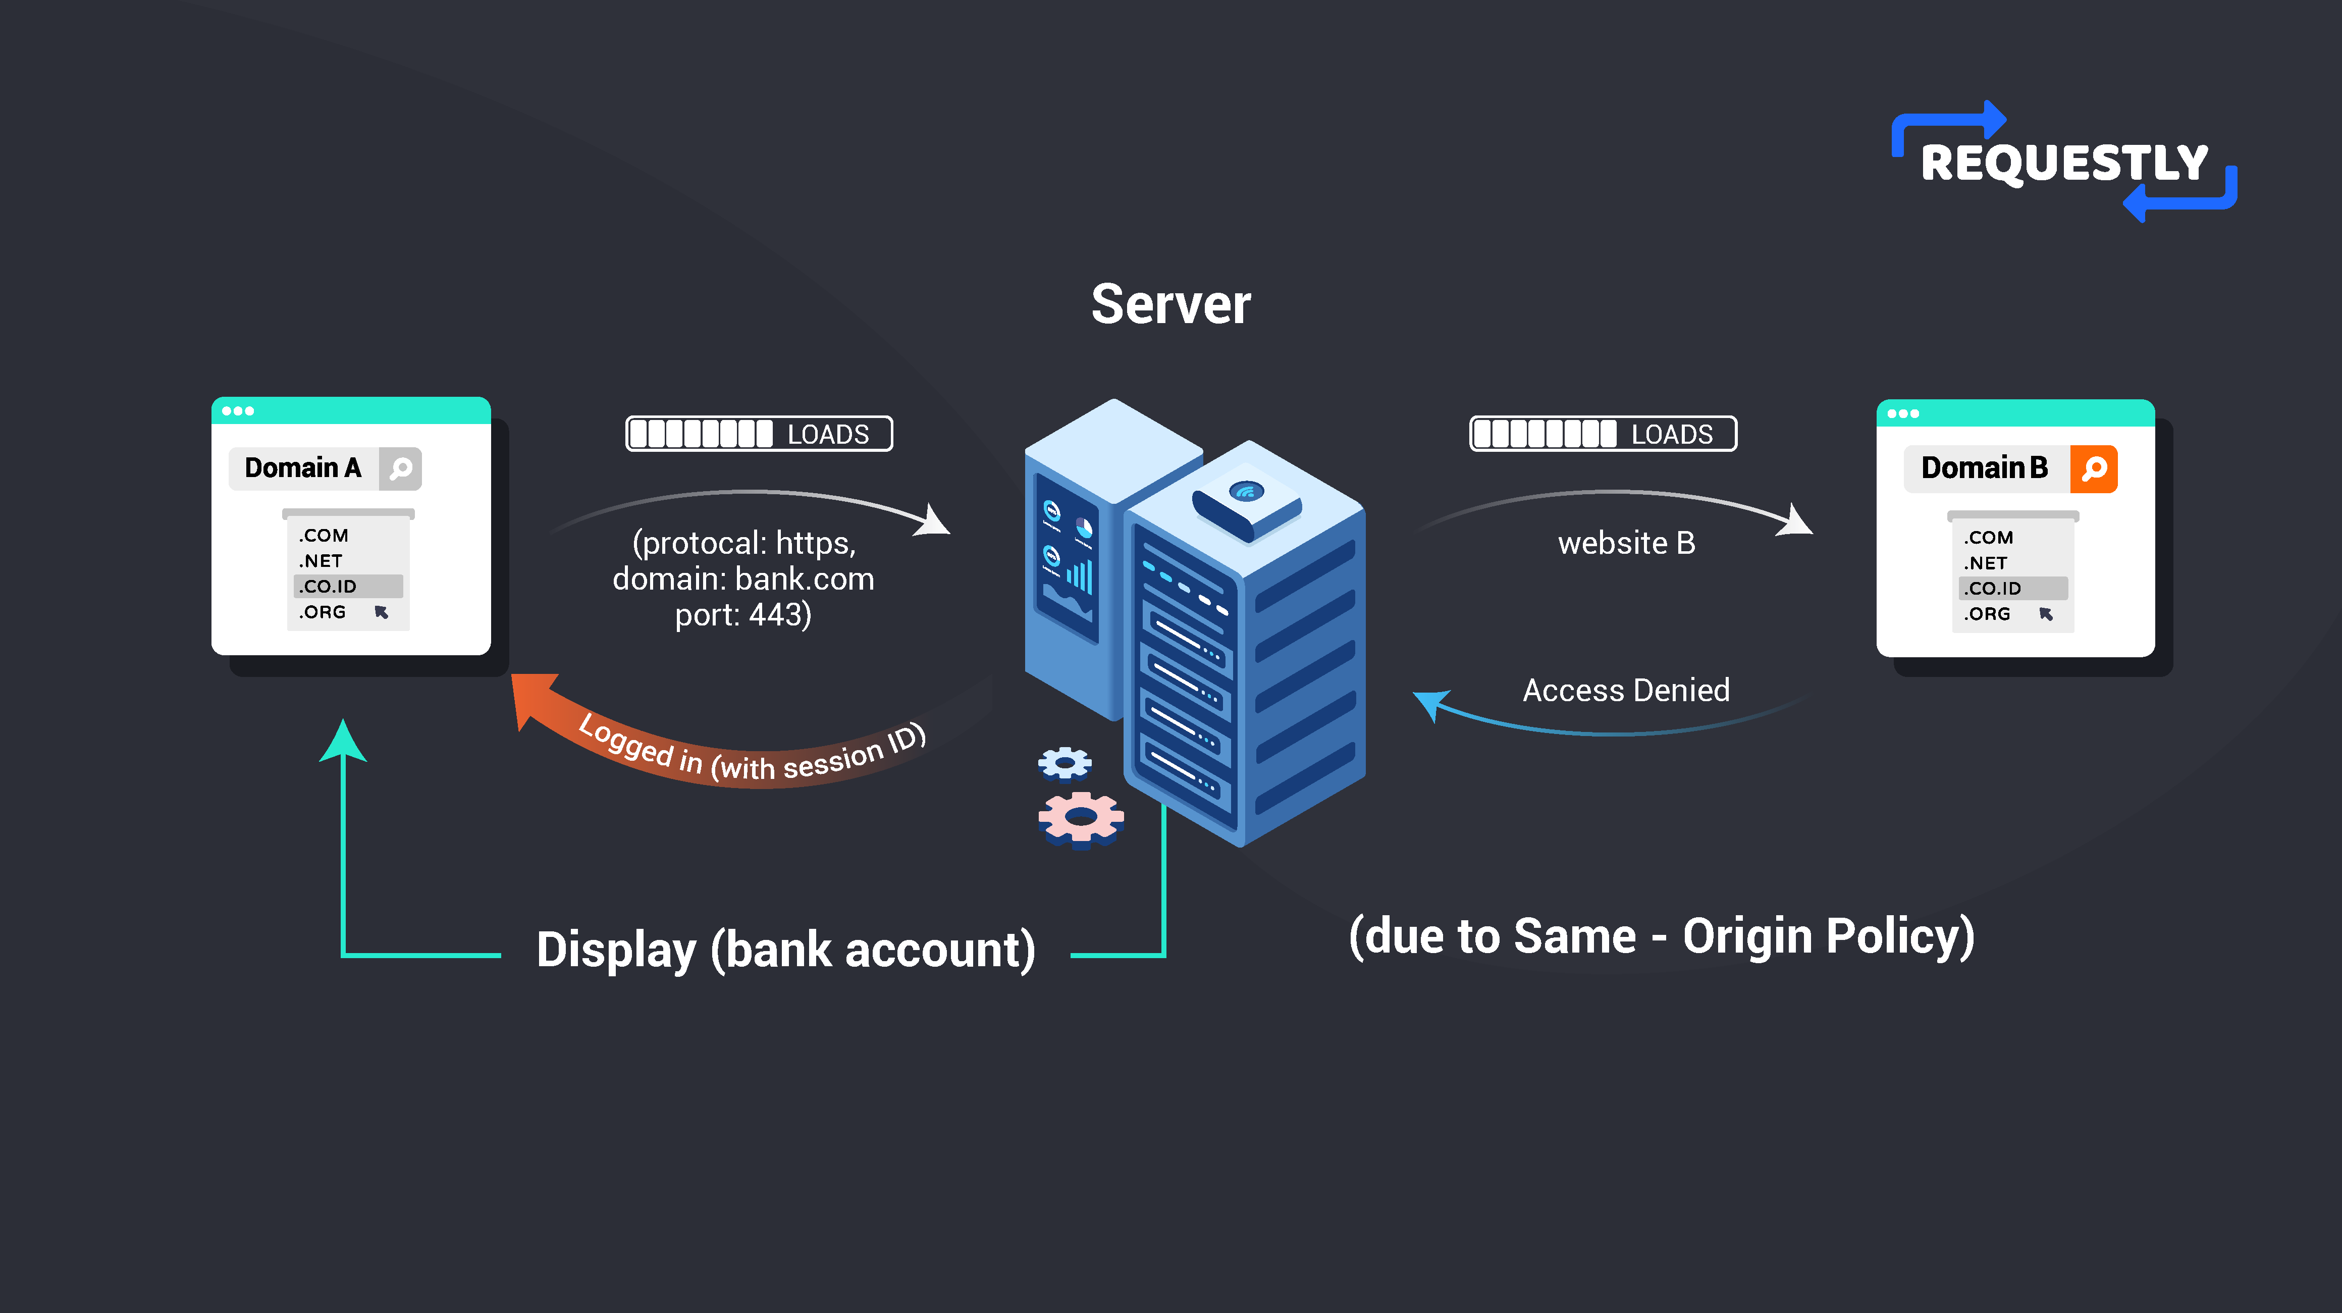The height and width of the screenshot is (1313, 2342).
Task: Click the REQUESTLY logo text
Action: tap(2064, 164)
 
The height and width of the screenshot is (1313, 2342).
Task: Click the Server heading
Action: tap(1171, 304)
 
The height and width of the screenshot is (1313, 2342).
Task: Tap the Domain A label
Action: tap(303, 468)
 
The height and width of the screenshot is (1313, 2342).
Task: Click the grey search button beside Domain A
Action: tap(401, 469)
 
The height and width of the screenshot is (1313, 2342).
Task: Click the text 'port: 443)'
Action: tap(743, 615)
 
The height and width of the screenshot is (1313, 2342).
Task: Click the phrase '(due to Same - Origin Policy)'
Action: tap(1661, 936)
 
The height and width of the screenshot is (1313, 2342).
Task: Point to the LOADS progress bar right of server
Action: tap(1603, 434)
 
